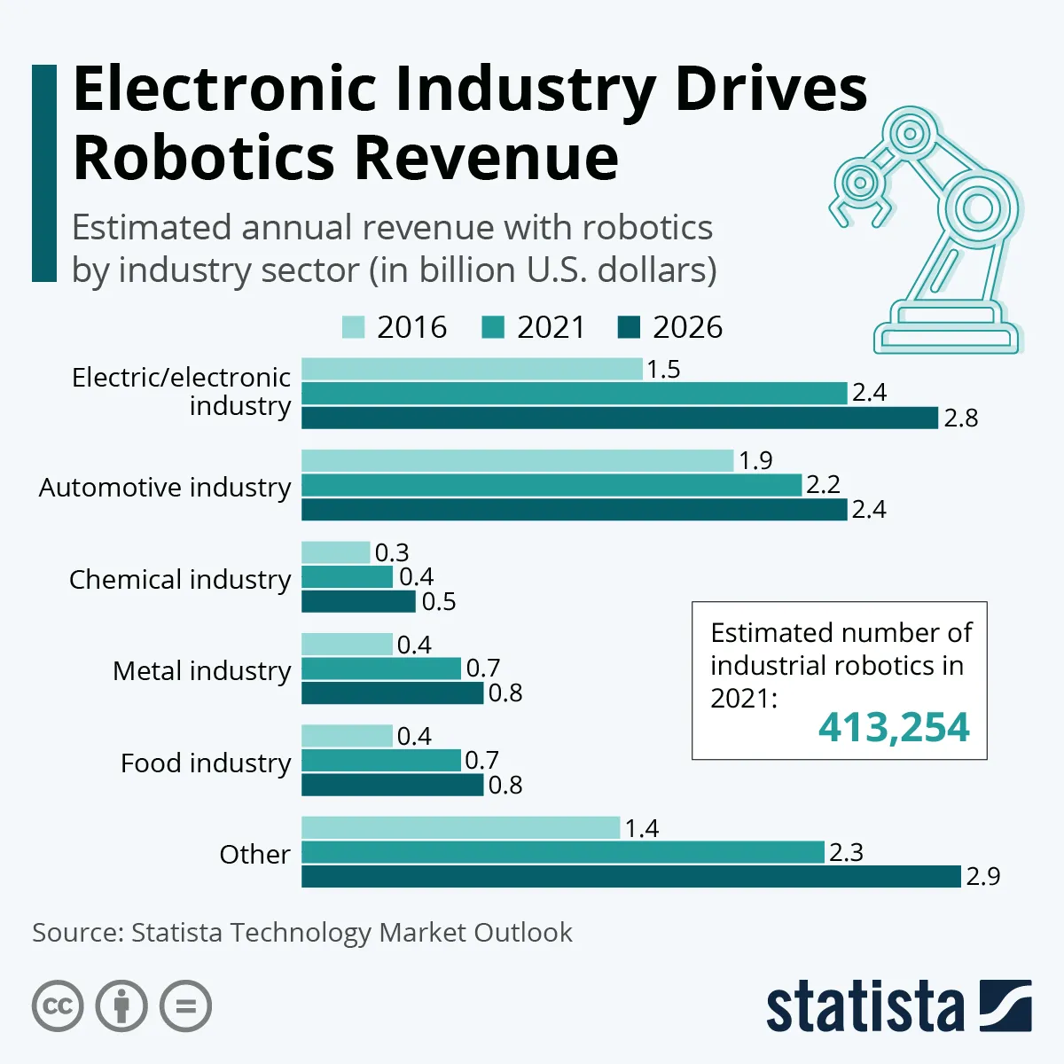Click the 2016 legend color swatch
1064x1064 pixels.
pyautogui.click(x=353, y=327)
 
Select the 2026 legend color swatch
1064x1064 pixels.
pyautogui.click(x=629, y=327)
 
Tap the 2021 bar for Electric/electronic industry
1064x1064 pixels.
pyautogui.click(x=574, y=393)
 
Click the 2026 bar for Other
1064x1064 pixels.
pyautogui.click(x=630, y=876)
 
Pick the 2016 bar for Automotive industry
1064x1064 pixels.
pyautogui.click(x=517, y=460)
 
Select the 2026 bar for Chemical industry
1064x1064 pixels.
pyautogui.click(x=358, y=601)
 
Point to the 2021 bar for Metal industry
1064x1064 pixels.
pyautogui.click(x=381, y=668)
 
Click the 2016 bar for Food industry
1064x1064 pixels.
pyautogui.click(x=347, y=736)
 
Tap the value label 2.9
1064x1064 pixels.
pyautogui.click(x=982, y=876)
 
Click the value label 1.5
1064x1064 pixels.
pyautogui.click(x=663, y=369)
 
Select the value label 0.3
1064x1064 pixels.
pyautogui.click(x=391, y=552)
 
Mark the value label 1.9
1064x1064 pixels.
pyautogui.click(x=755, y=460)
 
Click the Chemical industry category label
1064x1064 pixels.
pyautogui.click(x=180, y=579)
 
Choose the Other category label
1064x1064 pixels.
pyautogui.click(x=254, y=854)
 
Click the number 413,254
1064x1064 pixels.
pyautogui.click(x=894, y=727)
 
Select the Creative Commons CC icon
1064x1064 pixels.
pyautogui.click(x=58, y=1006)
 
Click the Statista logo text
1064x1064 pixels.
pyautogui.click(x=864, y=1006)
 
